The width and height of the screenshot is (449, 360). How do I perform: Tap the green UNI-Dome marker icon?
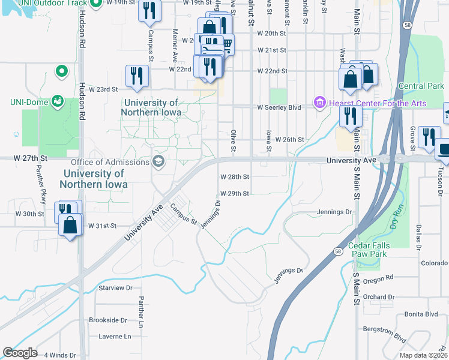58,100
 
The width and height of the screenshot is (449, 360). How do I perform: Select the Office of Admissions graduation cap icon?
158,161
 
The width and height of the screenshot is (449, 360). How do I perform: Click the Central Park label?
421,86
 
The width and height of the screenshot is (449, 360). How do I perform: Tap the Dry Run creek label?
396,215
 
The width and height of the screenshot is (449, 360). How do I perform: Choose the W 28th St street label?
234,177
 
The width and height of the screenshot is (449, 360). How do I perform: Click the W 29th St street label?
234,194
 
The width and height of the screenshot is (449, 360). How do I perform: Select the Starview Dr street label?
115,288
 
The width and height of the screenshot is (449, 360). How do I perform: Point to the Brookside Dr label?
108,320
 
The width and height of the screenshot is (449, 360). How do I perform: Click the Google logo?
20,353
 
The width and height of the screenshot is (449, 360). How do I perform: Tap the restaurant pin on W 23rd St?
137,76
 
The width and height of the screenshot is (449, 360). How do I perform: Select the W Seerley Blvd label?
279,108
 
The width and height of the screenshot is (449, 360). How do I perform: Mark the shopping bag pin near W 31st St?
70,226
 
